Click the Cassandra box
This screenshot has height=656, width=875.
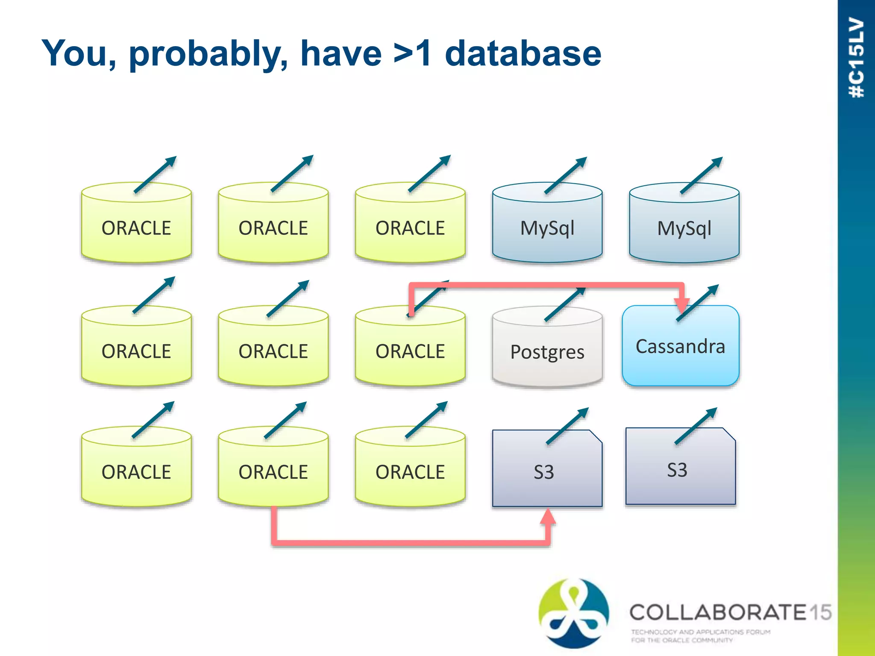click(x=680, y=346)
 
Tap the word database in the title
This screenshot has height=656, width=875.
click(x=523, y=53)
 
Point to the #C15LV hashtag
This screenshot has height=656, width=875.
click(x=857, y=58)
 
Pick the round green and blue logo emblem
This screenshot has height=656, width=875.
click(x=573, y=613)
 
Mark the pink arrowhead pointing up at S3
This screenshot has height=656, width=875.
click(x=548, y=517)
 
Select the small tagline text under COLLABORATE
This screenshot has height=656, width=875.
click(x=701, y=635)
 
